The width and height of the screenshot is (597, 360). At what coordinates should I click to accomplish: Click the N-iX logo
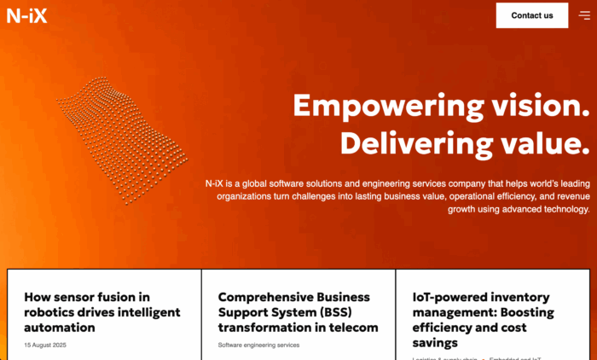click(x=26, y=15)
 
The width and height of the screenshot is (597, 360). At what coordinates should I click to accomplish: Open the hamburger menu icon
click(x=584, y=15)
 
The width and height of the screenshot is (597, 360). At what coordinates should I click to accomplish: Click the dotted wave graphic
click(x=124, y=136)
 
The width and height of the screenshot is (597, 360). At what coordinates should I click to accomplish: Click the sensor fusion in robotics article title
click(x=102, y=312)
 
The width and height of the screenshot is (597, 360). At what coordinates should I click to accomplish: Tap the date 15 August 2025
click(x=45, y=345)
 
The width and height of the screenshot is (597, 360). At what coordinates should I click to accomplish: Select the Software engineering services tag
click(x=258, y=345)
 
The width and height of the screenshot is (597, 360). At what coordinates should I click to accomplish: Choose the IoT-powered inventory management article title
click(x=483, y=320)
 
